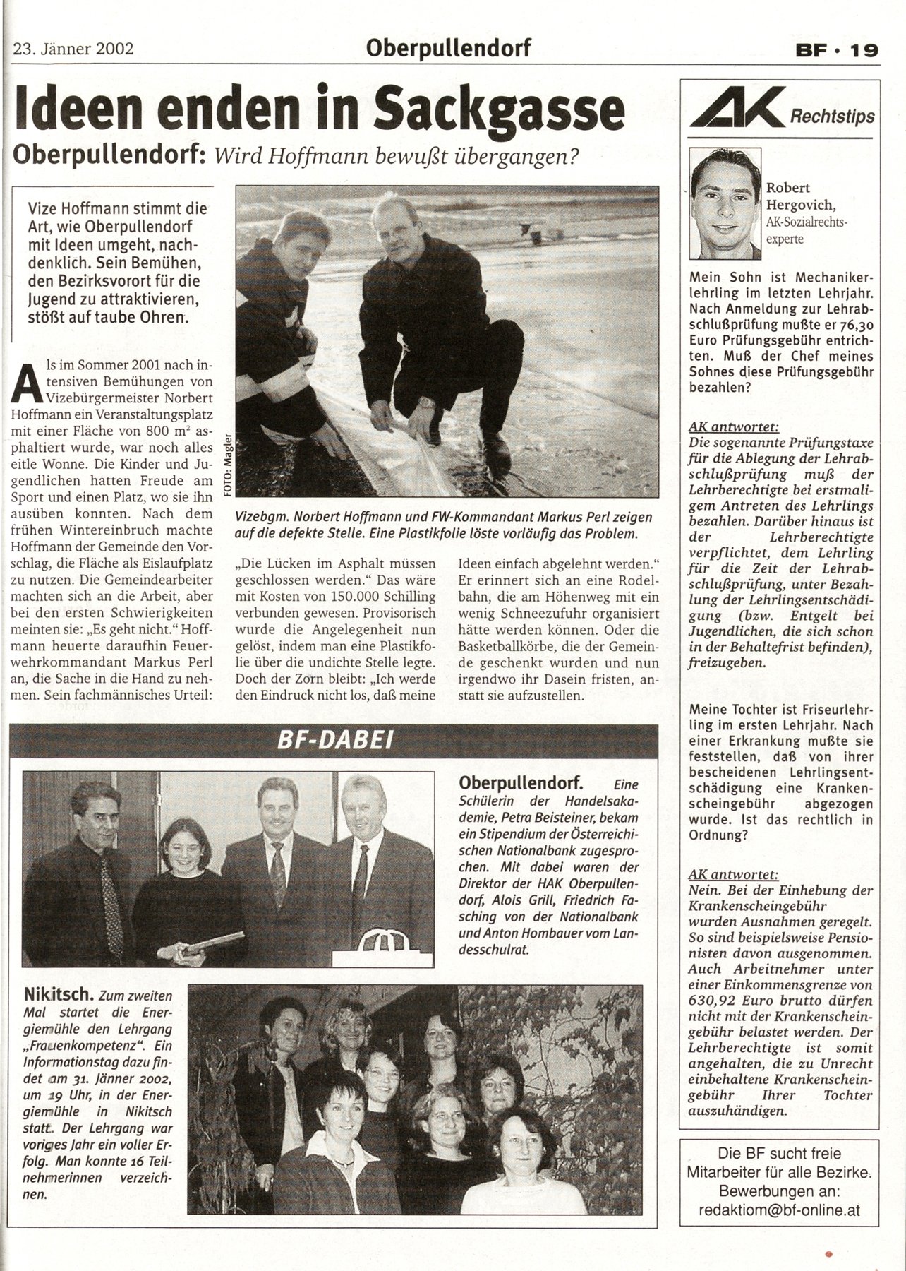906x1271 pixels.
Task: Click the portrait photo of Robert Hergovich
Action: tap(726, 195)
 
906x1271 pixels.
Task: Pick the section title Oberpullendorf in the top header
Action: tap(448, 49)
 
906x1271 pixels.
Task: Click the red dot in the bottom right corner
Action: tap(829, 1253)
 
